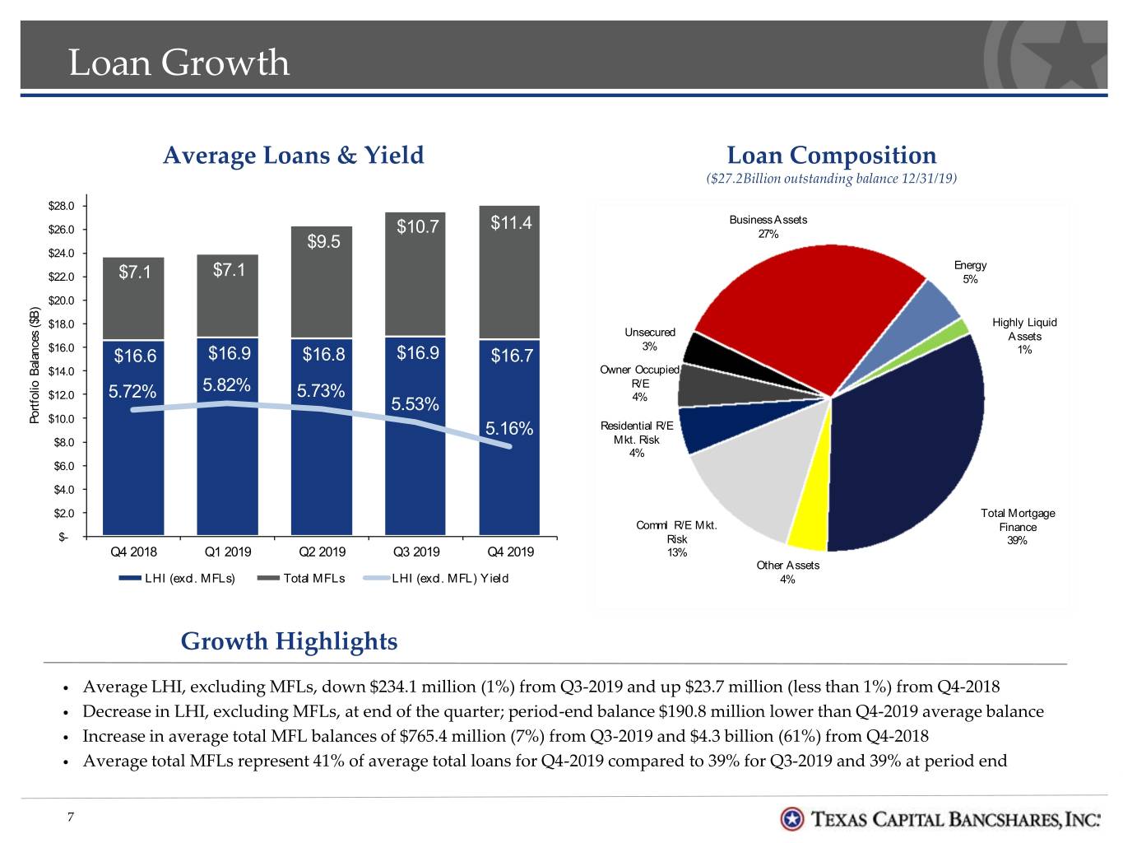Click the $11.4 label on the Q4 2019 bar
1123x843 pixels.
click(511, 223)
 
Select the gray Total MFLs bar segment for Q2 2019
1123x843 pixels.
click(322, 282)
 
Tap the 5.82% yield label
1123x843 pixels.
click(226, 385)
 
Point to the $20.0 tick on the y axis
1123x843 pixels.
click(61, 300)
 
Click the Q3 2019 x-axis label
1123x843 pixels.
click(416, 552)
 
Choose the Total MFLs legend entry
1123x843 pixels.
click(301, 579)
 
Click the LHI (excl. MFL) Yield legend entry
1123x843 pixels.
click(436, 579)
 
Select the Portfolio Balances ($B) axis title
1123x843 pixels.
click(35, 365)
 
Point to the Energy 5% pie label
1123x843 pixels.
click(969, 272)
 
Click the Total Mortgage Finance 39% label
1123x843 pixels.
click(1017, 527)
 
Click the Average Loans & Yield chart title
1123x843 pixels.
click(293, 156)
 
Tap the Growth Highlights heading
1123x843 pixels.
click(289, 641)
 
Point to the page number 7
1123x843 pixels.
click(71, 817)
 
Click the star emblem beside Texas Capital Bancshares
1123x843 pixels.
click(792, 819)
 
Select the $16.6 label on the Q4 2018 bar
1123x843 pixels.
click(135, 356)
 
